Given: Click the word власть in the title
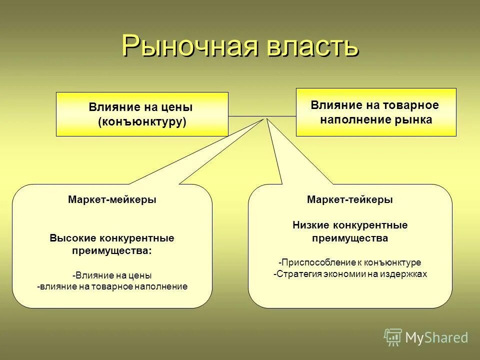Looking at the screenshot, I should coord(309,46).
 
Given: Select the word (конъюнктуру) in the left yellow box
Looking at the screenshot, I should coord(142,121).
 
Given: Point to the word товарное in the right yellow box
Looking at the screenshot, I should coord(410,105).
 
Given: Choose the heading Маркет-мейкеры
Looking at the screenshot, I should coord(112,199).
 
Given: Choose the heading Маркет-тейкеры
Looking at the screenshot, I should coord(350,199).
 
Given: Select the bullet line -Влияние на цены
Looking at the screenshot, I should coord(112,275).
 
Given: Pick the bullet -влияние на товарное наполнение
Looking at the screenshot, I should coord(112,286).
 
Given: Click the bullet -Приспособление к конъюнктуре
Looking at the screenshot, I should coord(350,262).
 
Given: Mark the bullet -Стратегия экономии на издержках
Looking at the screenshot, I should coord(350,274).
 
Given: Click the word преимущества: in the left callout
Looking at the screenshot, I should coord(112,251).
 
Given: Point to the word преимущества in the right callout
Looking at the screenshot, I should coord(350,238).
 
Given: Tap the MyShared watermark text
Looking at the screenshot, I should coord(436,337).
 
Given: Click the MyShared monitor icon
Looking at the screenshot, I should coord(393,337).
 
